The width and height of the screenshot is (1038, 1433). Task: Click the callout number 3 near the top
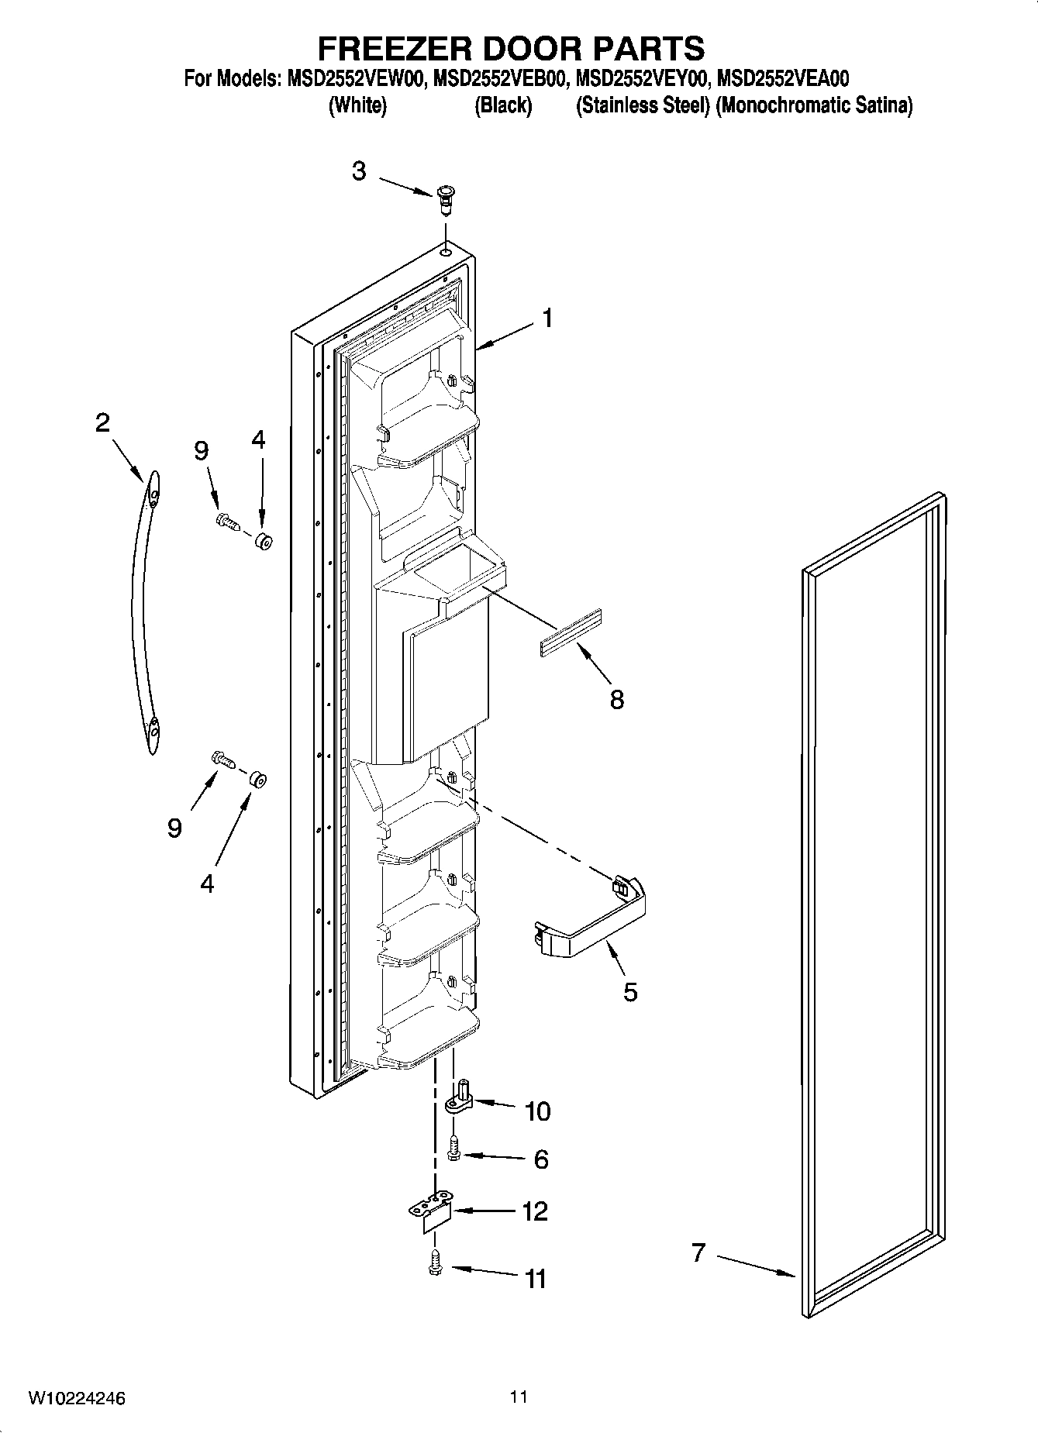(358, 171)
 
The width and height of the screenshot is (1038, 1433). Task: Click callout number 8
(616, 699)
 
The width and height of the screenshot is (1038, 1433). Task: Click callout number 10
(537, 1111)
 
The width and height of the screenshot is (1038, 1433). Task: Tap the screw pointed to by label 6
(455, 1148)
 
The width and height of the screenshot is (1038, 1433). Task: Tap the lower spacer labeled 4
(257, 779)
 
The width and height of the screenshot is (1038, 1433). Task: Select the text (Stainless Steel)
(642, 105)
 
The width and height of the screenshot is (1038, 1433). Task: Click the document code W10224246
(77, 1399)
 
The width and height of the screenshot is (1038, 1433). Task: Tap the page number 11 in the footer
(519, 1397)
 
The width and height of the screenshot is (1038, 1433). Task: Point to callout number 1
(547, 318)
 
